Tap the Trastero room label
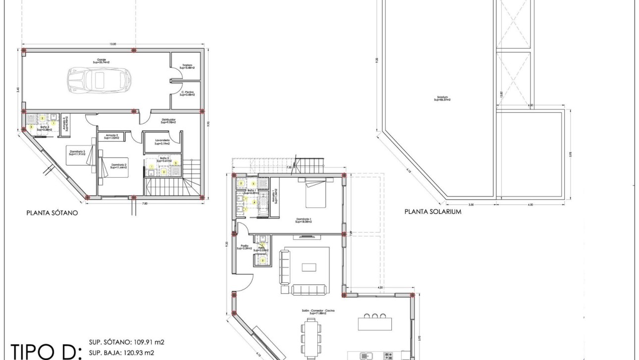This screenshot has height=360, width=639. tap(186, 66)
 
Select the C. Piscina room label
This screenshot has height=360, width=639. tap(186, 93)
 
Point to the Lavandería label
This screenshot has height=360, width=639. tap(162, 142)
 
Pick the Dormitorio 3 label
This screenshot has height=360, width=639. tap(77, 153)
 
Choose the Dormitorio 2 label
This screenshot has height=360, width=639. tap(119, 166)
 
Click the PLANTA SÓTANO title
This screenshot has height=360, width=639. tap(53, 214)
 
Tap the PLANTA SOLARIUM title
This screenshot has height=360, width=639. tap(433, 211)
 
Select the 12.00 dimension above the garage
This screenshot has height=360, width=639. tap(113, 45)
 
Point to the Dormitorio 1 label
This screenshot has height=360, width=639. tap(303, 220)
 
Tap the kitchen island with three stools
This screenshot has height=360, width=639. tap(375, 322)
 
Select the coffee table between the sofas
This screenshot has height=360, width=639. tap(309, 267)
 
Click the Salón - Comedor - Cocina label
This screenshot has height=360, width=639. tap(317, 312)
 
